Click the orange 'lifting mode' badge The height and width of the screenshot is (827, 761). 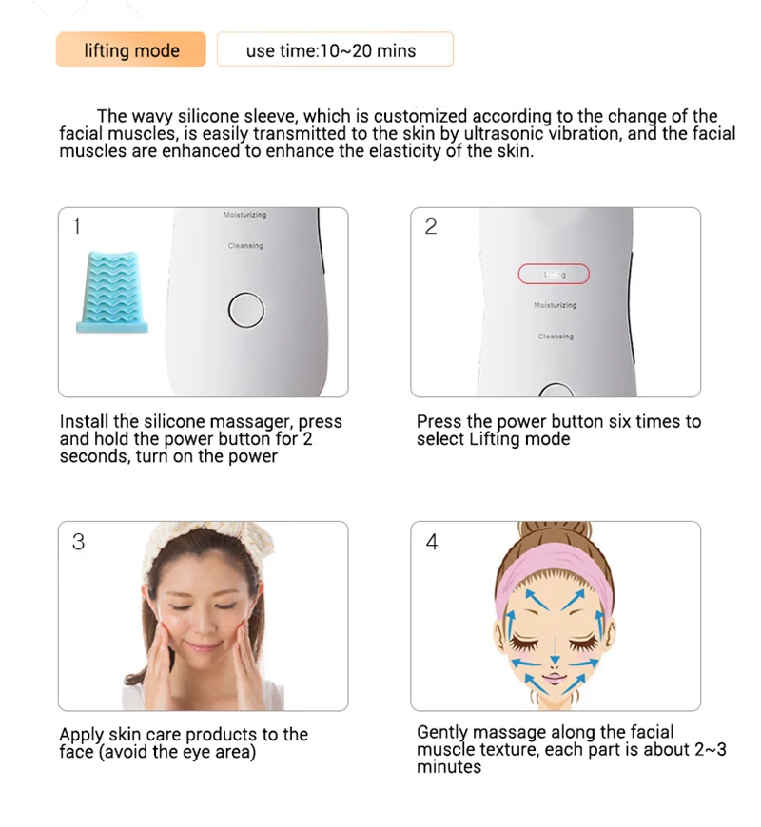click(x=131, y=49)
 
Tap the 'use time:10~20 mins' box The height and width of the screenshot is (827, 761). click(x=335, y=49)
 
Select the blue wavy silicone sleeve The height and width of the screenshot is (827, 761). click(x=112, y=292)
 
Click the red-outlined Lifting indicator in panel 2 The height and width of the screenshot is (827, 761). click(x=554, y=274)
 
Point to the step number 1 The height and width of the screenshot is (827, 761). click(x=76, y=225)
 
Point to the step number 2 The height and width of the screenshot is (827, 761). click(x=431, y=226)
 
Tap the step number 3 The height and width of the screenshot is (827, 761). click(x=78, y=542)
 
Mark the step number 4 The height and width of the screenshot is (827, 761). click(x=432, y=542)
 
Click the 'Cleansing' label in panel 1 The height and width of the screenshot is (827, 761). click(x=245, y=246)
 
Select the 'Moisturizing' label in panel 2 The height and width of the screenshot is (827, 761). click(x=556, y=305)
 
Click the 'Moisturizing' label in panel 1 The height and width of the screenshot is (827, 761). click(x=244, y=215)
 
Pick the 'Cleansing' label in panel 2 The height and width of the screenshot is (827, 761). click(x=556, y=336)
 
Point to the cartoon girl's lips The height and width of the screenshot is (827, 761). click(x=555, y=678)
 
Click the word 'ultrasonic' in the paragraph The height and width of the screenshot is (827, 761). click(x=503, y=133)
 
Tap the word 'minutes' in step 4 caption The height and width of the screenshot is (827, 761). click(x=449, y=766)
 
